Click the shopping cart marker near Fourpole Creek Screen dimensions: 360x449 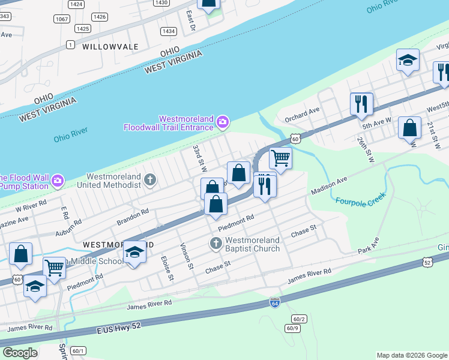point(280,159)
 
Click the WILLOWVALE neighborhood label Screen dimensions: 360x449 point(110,46)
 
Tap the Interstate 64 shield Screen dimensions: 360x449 point(274,302)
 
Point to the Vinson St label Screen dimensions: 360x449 point(186,256)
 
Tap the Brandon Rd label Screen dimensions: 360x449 point(133,217)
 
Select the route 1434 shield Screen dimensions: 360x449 point(169,31)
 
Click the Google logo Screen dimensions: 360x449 point(20,353)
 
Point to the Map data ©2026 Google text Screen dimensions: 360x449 point(411,355)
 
